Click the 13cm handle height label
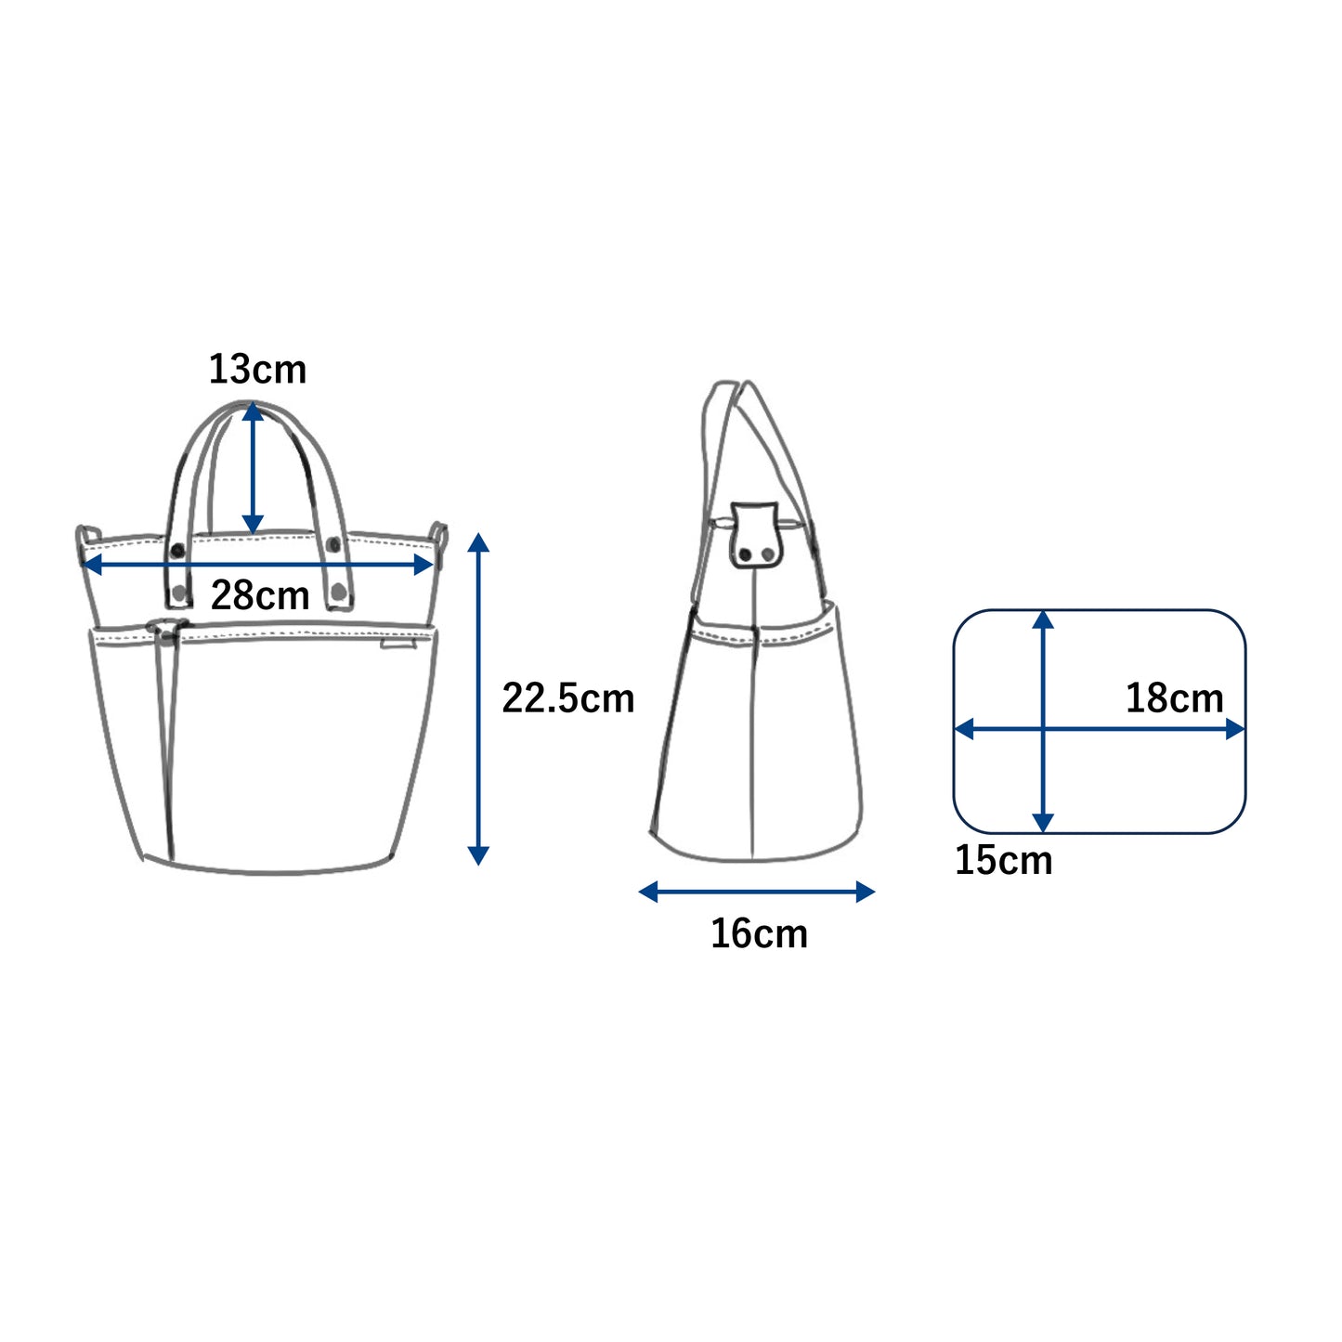(x=257, y=369)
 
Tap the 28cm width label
(x=260, y=595)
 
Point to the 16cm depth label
(x=759, y=933)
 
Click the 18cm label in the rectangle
(x=1174, y=697)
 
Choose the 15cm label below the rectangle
(x=1003, y=860)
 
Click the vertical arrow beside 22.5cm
(x=478, y=698)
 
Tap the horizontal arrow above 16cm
(x=756, y=892)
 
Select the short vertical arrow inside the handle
(x=253, y=469)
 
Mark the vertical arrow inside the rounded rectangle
(x=1042, y=722)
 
